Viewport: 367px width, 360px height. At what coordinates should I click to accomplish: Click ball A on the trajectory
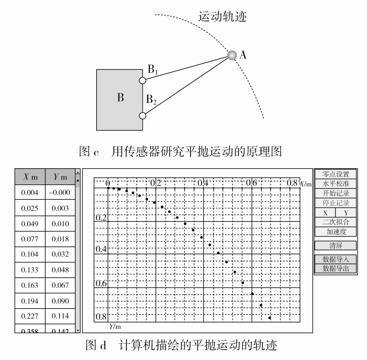click(x=232, y=55)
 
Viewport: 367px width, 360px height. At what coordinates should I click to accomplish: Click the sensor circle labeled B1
click(x=143, y=80)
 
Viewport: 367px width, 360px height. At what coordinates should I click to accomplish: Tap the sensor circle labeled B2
click(x=143, y=116)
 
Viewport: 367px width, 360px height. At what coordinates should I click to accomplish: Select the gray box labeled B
click(x=120, y=100)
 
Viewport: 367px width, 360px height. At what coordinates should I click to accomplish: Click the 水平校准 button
click(x=335, y=184)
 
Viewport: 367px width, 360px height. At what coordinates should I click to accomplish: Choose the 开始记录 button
click(x=335, y=193)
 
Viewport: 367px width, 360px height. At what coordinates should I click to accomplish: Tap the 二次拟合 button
click(x=335, y=222)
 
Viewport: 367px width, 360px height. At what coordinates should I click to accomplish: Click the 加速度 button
click(x=335, y=232)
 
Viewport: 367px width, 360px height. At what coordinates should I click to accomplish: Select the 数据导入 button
click(x=335, y=259)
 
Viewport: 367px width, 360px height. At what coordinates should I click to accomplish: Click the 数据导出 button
click(x=335, y=269)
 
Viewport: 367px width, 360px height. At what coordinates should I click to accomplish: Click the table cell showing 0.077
click(x=30, y=239)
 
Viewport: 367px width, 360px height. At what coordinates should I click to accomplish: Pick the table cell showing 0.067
click(x=60, y=285)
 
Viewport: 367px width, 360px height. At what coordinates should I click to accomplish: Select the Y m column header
click(x=60, y=177)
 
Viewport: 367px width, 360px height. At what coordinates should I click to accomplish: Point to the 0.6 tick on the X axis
click(x=251, y=183)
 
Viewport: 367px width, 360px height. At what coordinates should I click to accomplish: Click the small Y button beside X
click(x=346, y=213)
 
